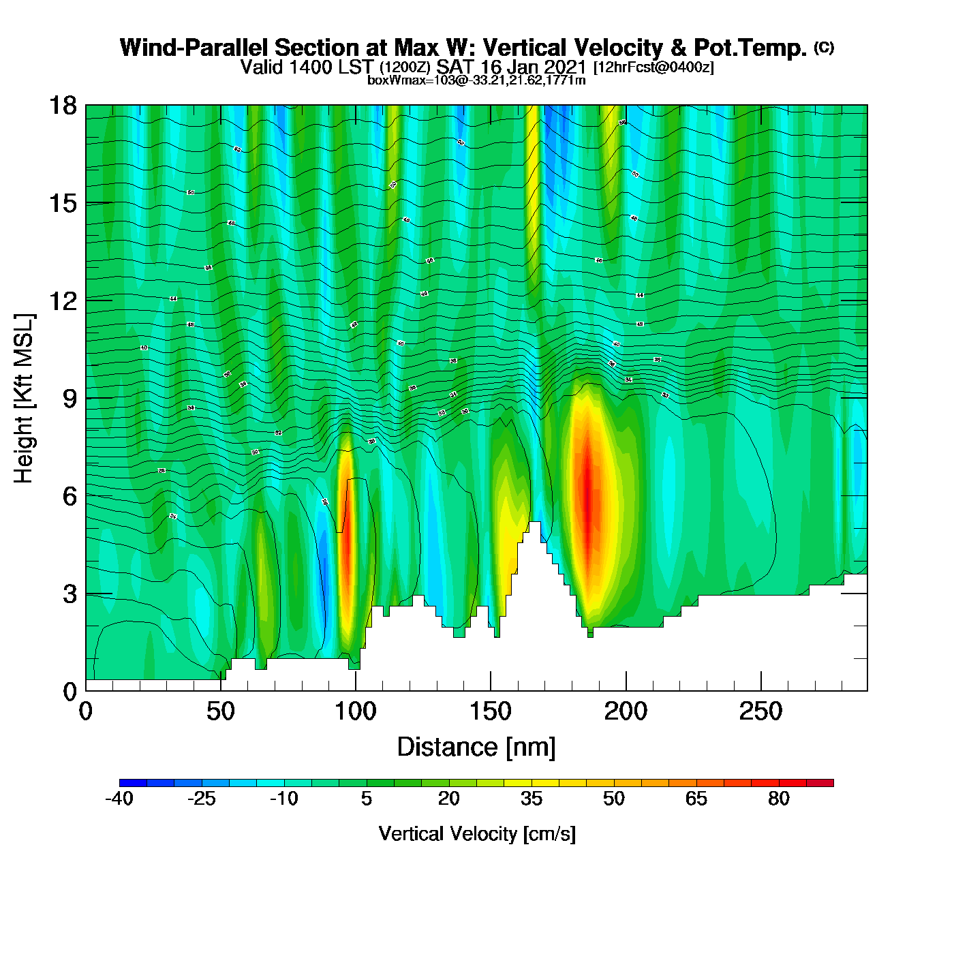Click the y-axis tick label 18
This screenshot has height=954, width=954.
pos(62,106)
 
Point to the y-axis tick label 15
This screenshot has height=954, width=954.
pos(62,203)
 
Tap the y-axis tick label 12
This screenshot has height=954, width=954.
pos(62,301)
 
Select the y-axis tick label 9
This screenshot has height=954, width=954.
pos(70,399)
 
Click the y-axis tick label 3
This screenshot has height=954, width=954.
pos(70,594)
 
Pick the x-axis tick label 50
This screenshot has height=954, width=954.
pos(221,712)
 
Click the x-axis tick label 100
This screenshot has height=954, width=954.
pos(356,712)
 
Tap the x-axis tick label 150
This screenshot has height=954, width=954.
pos(491,712)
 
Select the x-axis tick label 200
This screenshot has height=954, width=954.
pos(626,712)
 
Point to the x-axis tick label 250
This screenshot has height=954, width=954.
pos(760,712)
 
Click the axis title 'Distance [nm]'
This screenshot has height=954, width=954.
pos(476,748)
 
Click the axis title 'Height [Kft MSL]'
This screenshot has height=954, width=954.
pos(24,399)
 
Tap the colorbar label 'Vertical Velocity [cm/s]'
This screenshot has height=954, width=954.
pos(477,833)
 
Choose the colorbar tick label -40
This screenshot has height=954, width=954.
pos(119,799)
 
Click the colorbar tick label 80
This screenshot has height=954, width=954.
pos(779,799)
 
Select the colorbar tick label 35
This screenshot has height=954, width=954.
pos(532,799)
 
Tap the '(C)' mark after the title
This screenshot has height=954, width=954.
pos(824,47)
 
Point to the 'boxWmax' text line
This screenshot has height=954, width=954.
pos(476,80)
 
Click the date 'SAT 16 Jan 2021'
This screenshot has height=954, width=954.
pos(511,67)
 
